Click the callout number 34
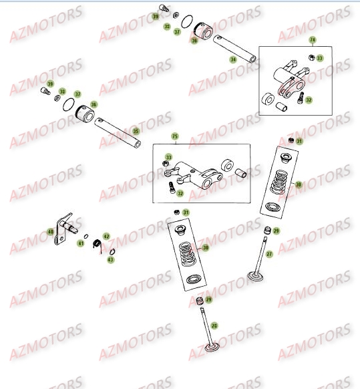pyautogui.click(x=233, y=59)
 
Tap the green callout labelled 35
pyautogui.click(x=136, y=131)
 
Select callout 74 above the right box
pyautogui.click(x=313, y=40)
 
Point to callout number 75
pyautogui.click(x=175, y=136)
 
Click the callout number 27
pyautogui.click(x=270, y=254)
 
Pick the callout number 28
pyautogui.click(x=214, y=325)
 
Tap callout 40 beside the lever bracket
pyautogui.click(x=50, y=232)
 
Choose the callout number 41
pyautogui.click(x=81, y=243)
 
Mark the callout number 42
pyautogui.click(x=106, y=237)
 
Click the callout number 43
pyautogui.click(x=112, y=258)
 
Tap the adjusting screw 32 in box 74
pyautogui.click(x=300, y=98)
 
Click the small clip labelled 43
pyautogui.click(x=112, y=251)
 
